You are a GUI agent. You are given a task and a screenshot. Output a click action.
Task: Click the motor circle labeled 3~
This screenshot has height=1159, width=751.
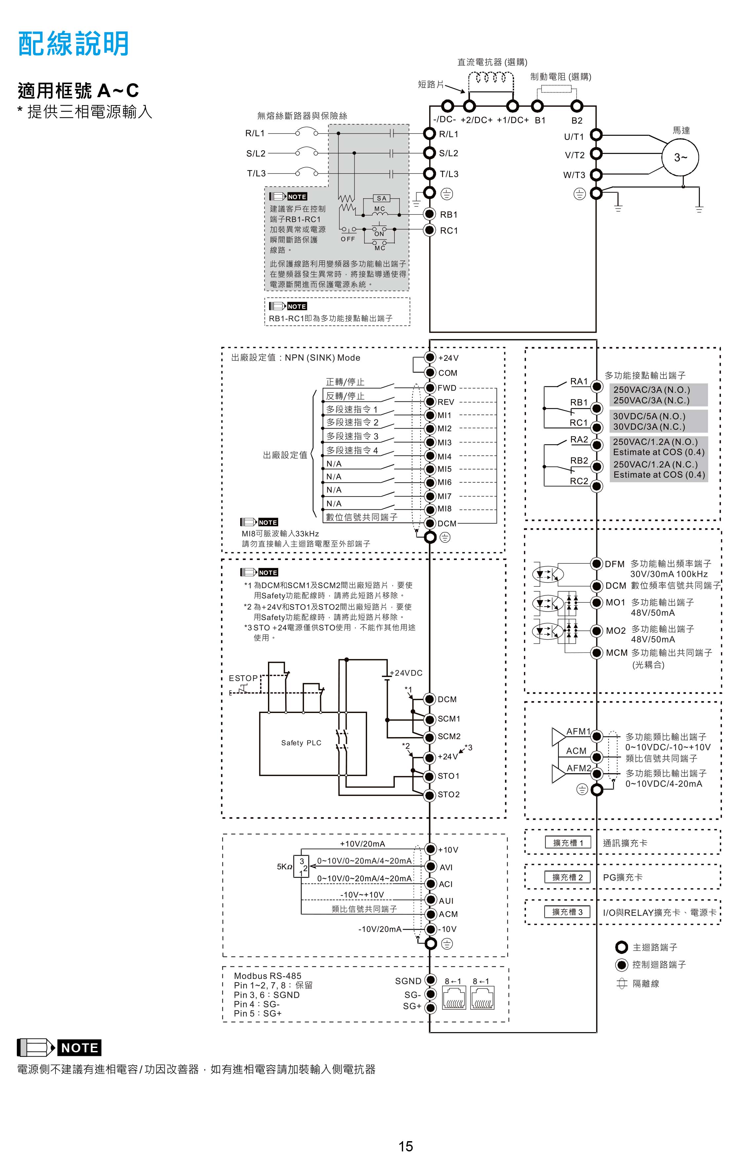click(x=680, y=157)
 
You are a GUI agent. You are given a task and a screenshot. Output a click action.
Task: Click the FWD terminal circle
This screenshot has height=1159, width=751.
click(x=430, y=388)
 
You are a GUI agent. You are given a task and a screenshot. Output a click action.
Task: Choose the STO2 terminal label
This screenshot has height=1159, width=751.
click(x=448, y=794)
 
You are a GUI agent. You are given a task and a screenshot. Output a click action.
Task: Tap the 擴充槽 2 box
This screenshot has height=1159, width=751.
click(x=567, y=877)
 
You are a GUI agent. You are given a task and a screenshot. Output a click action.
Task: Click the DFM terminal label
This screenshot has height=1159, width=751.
click(x=615, y=564)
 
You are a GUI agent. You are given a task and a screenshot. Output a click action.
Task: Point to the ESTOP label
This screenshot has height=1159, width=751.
click(x=243, y=678)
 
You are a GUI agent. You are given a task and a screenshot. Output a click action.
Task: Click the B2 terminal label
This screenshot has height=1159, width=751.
click(x=577, y=120)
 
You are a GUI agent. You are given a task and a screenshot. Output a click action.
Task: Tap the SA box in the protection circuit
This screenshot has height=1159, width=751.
click(x=381, y=198)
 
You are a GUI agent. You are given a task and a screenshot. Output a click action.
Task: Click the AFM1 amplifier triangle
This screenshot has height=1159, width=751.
click(x=558, y=737)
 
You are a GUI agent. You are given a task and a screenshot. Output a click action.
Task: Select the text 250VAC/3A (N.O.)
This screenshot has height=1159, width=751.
click(x=652, y=390)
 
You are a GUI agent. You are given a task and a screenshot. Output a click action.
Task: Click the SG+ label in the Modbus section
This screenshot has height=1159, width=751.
click(x=412, y=1006)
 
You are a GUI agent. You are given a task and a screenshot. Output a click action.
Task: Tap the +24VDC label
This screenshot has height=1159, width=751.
click(x=406, y=673)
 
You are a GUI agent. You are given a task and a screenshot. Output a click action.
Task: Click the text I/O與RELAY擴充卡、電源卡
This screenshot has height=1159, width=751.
click(x=659, y=912)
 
